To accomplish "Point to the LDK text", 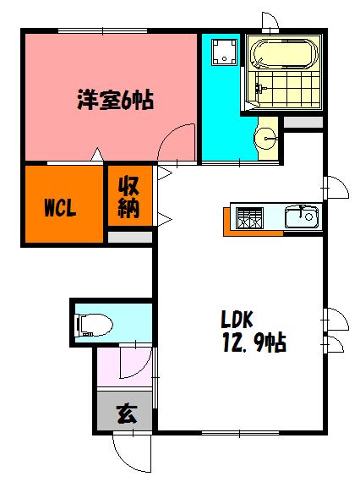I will pos(238,320).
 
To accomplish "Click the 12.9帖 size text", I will pos(253,342).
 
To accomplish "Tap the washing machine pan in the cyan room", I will pos(223,53).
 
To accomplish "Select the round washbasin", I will pos(265,137).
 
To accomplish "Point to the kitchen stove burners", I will pos(250,217).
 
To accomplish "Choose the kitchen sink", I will pos(301,217).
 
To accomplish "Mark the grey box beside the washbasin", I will pos(302,123).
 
